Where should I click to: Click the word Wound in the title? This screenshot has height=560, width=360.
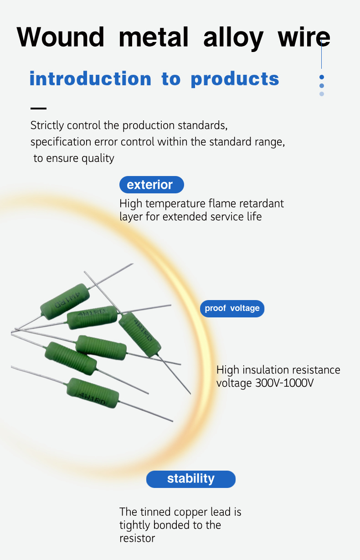60,37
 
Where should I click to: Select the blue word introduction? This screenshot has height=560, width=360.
90,78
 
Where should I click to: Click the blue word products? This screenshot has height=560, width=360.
235,79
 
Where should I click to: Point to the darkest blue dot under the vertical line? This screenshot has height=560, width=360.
322,77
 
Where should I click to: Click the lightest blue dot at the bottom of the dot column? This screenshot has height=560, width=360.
322,94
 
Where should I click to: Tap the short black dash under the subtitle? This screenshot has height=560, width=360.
38,109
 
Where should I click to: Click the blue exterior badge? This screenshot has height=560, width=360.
152,185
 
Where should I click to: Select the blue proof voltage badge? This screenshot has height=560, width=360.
232,308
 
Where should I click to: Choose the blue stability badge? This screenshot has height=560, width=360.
191,479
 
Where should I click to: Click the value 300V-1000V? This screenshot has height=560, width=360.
284,383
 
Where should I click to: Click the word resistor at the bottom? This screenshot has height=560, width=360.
137,538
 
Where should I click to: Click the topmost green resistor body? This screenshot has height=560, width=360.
65,301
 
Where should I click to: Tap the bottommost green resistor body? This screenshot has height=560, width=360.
93,393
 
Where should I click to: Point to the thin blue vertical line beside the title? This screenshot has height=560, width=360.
322,55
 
